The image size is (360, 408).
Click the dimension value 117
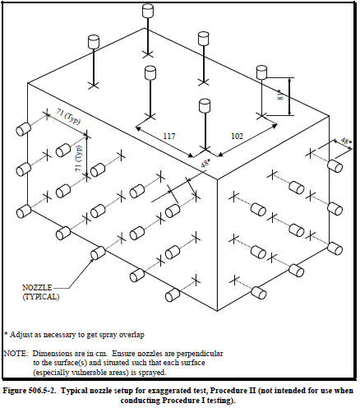[x=169, y=136]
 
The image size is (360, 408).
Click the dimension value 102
[x=237, y=136]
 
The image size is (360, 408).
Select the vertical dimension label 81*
[x=280, y=95]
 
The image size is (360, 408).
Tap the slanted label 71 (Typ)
[x=68, y=117]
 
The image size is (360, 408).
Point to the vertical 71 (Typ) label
[x=79, y=159]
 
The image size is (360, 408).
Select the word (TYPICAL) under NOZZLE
[x=41, y=297]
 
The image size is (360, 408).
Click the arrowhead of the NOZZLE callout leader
[x=92, y=259]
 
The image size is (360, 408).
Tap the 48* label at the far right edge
[x=346, y=141]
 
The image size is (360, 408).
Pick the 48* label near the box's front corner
[x=205, y=164]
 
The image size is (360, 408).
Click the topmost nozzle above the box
[x=148, y=11]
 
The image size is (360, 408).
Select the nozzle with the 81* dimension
[x=261, y=72]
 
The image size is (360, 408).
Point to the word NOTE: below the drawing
[x=16, y=354]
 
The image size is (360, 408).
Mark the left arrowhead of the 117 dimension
[x=138, y=128]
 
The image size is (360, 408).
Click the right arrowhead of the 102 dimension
[x=275, y=126]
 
